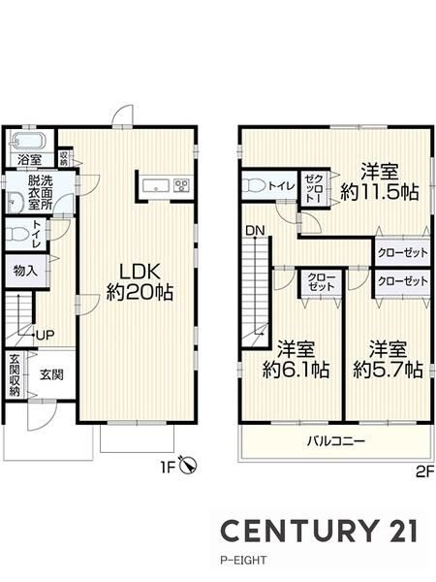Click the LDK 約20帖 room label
tap(140, 281)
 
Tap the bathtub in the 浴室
tap(28, 142)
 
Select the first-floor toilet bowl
tap(16, 234)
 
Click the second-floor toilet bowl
tap(254, 185)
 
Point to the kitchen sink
tap(156, 185)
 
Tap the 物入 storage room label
tap(25, 271)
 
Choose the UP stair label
tap(46, 336)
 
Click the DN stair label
tap(255, 231)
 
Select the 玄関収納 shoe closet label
tap(15, 374)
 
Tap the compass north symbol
tap(188, 465)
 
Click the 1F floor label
tap(168, 468)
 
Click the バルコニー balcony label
tap(336, 441)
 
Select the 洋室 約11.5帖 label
tap(380, 182)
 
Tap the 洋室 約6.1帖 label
tap(296, 359)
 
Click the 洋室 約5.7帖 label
tap(389, 359)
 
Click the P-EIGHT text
tap(243, 560)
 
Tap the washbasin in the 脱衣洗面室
tap(16, 202)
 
